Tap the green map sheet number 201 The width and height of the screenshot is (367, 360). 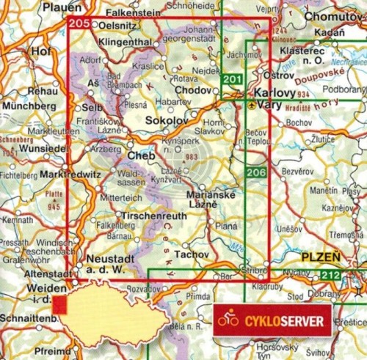(232, 81)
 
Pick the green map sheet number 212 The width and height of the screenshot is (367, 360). (330, 276)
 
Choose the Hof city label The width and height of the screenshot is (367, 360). (40, 52)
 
